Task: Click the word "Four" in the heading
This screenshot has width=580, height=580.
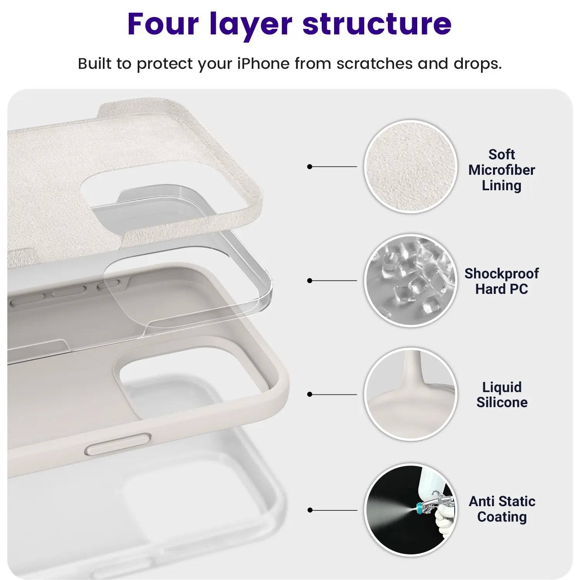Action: (x=163, y=24)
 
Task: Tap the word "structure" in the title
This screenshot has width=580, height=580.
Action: (x=377, y=24)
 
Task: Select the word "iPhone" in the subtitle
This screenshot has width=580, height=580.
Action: (x=263, y=63)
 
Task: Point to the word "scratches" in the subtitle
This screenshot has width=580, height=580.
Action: (x=374, y=63)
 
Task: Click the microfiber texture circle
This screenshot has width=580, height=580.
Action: (x=411, y=166)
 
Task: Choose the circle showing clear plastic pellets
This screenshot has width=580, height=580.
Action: (x=411, y=280)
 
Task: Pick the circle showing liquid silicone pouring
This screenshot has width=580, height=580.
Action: (x=411, y=394)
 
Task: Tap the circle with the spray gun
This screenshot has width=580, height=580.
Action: (x=411, y=510)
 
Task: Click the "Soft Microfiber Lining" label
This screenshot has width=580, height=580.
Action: (x=502, y=170)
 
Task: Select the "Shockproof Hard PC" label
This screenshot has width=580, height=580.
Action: (x=502, y=281)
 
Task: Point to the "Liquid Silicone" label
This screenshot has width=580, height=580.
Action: (x=502, y=394)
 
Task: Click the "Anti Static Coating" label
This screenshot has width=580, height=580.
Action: (x=502, y=509)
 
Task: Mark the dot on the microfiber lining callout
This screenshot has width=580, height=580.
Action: (x=309, y=167)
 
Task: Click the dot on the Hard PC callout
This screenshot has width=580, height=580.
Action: (x=309, y=280)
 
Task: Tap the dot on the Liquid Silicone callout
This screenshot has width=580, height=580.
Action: (x=309, y=394)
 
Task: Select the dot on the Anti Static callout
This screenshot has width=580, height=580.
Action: (x=310, y=510)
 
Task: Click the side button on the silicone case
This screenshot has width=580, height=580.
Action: (x=118, y=444)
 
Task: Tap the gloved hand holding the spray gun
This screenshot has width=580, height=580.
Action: (x=445, y=520)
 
